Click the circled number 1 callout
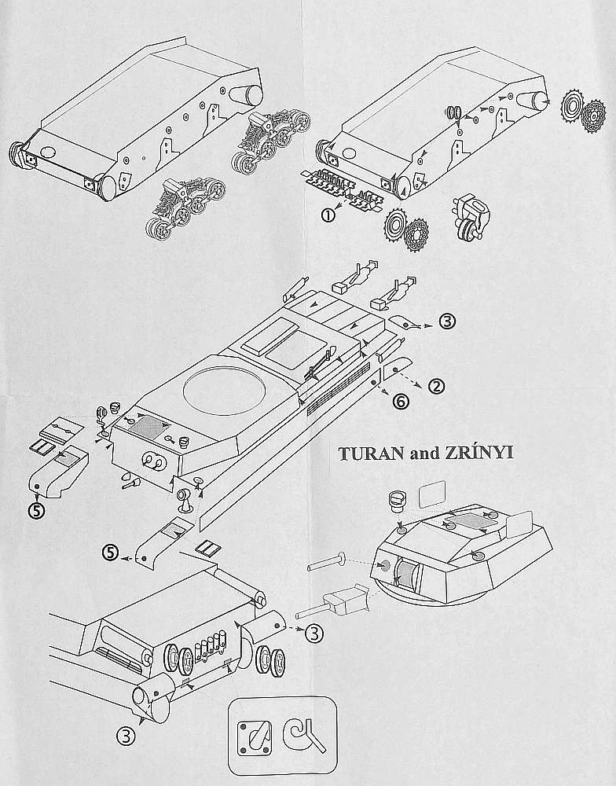[326, 213]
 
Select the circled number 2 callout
[437, 385]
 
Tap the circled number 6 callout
[400, 401]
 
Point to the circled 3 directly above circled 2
[446, 321]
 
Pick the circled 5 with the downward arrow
[37, 509]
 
